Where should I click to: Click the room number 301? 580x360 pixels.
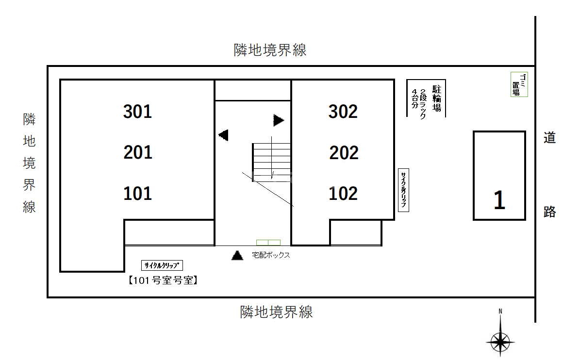[138, 112]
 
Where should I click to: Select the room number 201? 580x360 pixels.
[138, 152]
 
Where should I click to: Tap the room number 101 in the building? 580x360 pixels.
[138, 193]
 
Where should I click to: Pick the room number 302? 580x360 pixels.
[343, 112]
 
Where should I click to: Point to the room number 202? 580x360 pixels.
[344, 153]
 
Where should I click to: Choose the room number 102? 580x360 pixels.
[343, 193]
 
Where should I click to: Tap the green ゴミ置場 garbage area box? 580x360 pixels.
[519, 84]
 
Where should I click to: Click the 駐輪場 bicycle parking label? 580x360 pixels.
[437, 98]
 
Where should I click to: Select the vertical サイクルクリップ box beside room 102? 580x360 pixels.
[403, 190]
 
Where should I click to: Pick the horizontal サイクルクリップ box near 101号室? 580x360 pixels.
[162, 265]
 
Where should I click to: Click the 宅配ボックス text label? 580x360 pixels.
[271, 255]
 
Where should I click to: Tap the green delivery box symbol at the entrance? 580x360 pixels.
[268, 243]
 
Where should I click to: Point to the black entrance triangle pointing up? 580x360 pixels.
[237, 255]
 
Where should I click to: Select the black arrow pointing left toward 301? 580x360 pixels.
[223, 135]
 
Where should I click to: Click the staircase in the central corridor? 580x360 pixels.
[271, 162]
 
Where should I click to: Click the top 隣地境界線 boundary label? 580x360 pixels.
[270, 50]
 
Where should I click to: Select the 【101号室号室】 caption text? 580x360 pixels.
[163, 280]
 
